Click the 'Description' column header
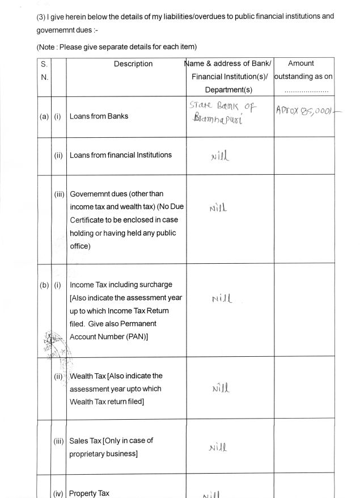click(x=133, y=64)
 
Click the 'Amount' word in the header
click(x=300, y=64)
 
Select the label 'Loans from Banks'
click(x=99, y=116)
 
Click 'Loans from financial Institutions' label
click(x=120, y=155)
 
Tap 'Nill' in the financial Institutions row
click(x=220, y=155)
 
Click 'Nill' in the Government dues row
click(x=218, y=208)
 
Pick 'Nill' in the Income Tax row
click(x=222, y=298)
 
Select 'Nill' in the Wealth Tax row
click(x=220, y=389)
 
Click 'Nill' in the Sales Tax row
click(x=218, y=448)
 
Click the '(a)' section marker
click(x=44, y=116)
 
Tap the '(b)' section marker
click(x=44, y=285)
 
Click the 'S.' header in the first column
click(x=44, y=64)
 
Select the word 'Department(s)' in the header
click(x=228, y=90)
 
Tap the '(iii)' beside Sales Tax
click(x=59, y=441)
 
